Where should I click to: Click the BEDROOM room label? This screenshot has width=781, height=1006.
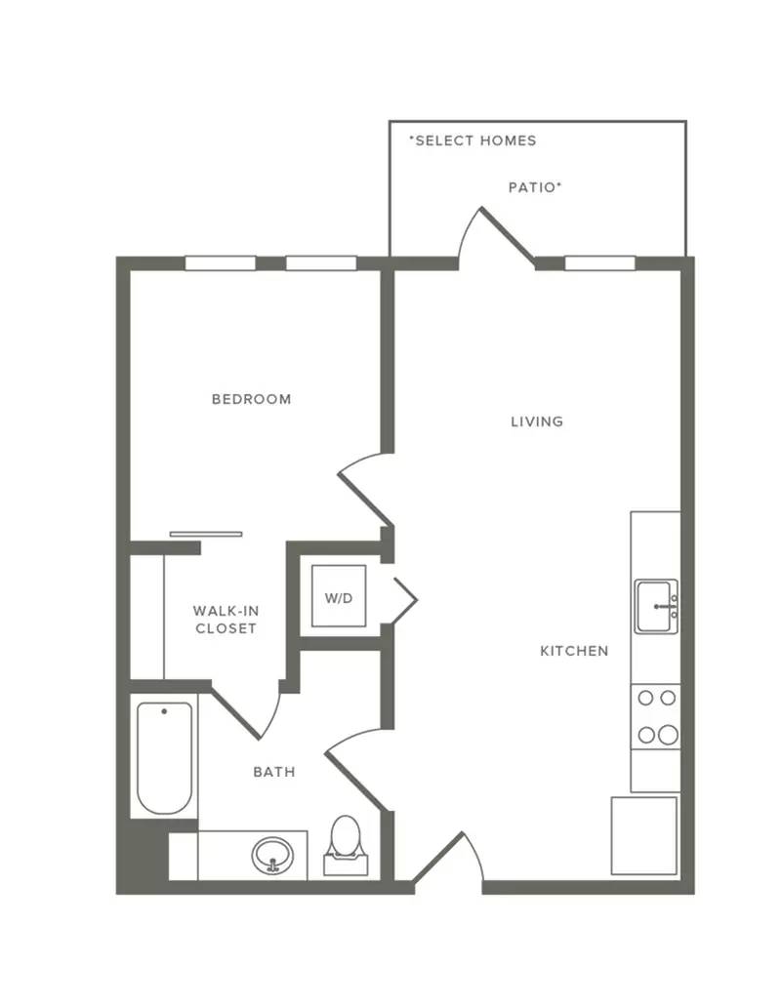coord(252,399)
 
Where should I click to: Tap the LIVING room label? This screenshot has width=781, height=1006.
coord(537,422)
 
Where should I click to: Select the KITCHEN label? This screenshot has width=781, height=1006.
coord(574,651)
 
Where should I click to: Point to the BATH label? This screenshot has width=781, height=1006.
coord(274,772)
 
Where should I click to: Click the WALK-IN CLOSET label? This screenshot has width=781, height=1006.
coord(226,620)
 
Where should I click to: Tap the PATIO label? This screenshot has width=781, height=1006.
coord(535,187)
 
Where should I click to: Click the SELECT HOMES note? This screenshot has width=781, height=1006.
coord(473,141)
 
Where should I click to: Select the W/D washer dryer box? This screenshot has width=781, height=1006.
coord(339,596)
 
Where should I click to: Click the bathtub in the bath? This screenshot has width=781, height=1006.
coord(165,758)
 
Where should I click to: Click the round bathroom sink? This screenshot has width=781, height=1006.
coord(273,855)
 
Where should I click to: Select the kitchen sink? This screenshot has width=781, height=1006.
coord(656,606)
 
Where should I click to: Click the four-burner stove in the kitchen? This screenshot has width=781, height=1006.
coord(656,716)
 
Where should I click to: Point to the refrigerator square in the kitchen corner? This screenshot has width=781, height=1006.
coord(644,835)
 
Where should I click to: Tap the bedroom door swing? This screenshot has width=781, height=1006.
coord(365,489)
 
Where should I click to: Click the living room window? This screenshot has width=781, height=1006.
coord(600,263)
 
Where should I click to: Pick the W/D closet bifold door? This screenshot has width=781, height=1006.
coord(405,600)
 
